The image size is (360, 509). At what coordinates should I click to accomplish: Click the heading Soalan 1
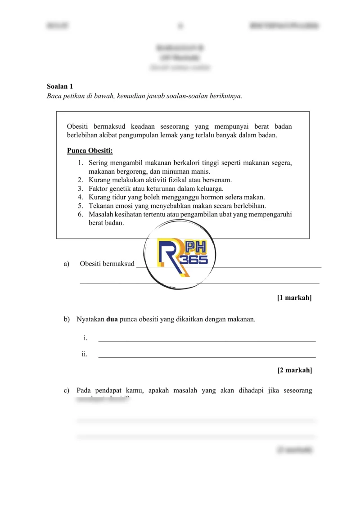coord(60,86)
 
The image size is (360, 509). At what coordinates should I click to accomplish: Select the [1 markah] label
coord(294,297)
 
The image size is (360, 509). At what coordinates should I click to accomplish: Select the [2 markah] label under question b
coord(294,370)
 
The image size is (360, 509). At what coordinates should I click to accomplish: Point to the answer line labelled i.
coord(207,340)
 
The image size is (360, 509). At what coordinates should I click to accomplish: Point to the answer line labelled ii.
coord(207,356)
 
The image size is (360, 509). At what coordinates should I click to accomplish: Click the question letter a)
coord(67,264)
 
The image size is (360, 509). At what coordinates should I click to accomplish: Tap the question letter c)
coord(67,391)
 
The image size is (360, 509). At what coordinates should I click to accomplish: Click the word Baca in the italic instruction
coord(54,96)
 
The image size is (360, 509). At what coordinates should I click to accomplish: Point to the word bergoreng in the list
coord(130,171)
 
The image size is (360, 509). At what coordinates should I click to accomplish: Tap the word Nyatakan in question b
coord(90,320)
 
